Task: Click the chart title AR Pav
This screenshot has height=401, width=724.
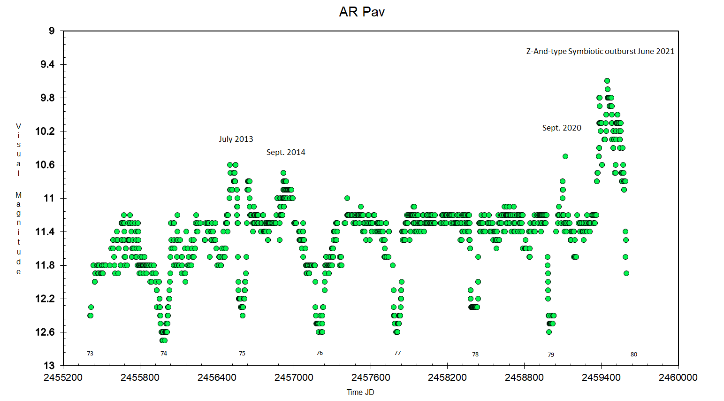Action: [362, 12]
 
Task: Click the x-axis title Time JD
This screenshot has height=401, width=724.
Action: [360, 392]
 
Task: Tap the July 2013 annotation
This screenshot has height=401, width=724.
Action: [236, 139]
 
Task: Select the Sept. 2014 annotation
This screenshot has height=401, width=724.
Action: [286, 152]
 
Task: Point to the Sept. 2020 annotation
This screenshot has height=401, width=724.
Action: [562, 128]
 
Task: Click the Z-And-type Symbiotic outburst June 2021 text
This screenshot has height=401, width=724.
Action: [600, 51]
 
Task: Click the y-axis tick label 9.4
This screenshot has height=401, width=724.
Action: [47, 64]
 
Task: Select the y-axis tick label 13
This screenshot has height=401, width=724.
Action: [49, 365]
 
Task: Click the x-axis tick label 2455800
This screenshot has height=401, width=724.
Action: [140, 378]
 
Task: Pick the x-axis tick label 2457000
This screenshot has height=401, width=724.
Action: [294, 378]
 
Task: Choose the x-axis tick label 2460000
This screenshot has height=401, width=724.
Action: [678, 378]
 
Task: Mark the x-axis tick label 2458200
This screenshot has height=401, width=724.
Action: [447, 378]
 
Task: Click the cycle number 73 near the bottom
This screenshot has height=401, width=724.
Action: [90, 354]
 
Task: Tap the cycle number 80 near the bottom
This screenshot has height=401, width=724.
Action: [634, 355]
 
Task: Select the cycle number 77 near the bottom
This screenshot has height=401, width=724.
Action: [397, 353]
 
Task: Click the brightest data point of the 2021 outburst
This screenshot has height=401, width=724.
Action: [607, 81]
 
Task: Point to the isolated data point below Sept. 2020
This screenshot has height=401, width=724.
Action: [565, 156]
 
